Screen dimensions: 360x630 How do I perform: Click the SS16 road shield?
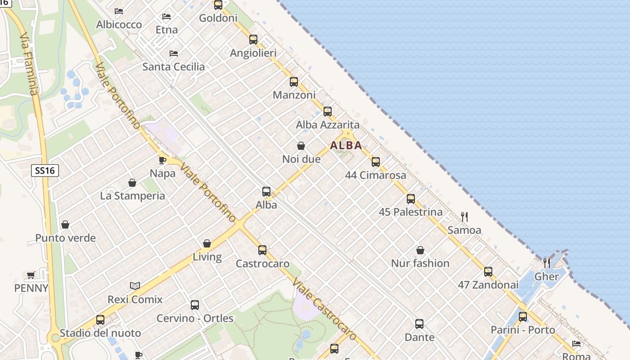(x=45, y=171)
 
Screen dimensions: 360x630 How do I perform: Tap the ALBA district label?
(x=346, y=145)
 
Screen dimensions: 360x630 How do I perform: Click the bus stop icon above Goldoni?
(x=218, y=5)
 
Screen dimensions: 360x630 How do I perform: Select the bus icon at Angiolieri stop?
(x=253, y=40)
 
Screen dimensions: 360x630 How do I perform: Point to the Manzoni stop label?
(x=294, y=95)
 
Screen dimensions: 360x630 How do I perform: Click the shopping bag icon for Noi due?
(x=301, y=146)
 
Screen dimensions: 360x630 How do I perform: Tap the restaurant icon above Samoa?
(x=464, y=217)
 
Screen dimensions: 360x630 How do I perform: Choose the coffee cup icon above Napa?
(x=162, y=160)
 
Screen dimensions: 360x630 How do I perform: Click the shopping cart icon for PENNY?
(x=31, y=274)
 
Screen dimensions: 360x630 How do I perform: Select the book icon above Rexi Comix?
(x=135, y=286)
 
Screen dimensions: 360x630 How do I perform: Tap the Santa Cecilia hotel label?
(x=173, y=67)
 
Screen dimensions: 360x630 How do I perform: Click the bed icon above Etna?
(x=166, y=17)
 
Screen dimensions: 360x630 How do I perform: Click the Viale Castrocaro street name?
(x=324, y=309)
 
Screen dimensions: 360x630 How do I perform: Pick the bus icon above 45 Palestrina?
(x=411, y=198)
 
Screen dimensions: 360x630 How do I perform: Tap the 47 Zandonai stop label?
(x=488, y=285)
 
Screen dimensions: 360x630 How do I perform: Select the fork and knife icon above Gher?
(x=547, y=263)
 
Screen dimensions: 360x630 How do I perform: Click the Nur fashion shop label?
(x=420, y=263)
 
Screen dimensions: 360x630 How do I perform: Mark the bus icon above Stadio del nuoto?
(x=100, y=320)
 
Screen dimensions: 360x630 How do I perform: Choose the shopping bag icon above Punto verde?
(x=65, y=225)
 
